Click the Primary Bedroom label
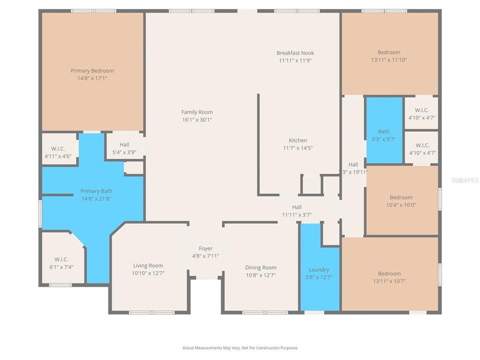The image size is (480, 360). coord(92,71)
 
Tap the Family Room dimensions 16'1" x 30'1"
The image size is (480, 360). coord(200,120)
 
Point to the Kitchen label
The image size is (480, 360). coord(297,140)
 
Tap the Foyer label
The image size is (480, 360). coord(205,248)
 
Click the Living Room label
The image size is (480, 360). coord(148,265)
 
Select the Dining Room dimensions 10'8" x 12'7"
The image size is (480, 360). coord(260,275)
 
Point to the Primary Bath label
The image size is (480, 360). coord(96,191)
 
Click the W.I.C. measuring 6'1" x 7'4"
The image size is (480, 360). coord(61,263)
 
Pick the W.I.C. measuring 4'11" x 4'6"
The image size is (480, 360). coord(58,152)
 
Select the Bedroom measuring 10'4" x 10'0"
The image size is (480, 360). coord(401,201)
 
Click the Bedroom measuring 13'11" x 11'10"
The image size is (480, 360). coord(389,56)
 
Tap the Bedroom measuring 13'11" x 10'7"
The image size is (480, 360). coord(389,277)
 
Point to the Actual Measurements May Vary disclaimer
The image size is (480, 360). coord(240,347)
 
